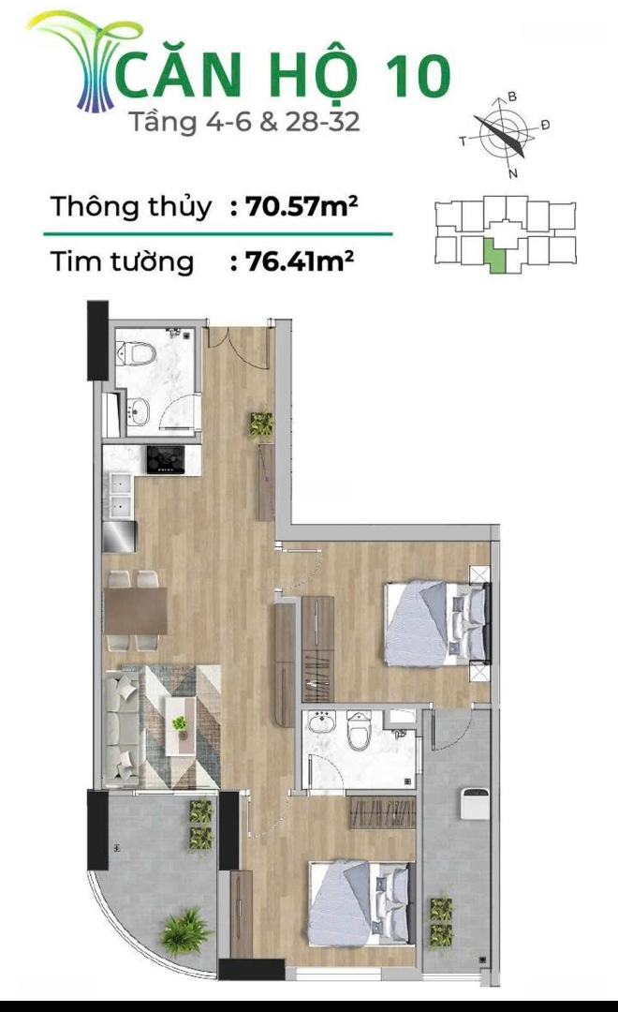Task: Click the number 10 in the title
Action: click(x=417, y=77)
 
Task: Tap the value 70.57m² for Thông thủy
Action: click(x=302, y=206)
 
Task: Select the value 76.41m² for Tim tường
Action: click(x=300, y=261)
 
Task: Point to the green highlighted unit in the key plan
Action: click(x=494, y=256)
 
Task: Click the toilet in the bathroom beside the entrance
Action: click(x=136, y=353)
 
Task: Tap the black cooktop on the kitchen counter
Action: click(x=165, y=459)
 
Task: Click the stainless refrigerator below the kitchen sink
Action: click(x=119, y=536)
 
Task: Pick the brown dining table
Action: click(x=136, y=611)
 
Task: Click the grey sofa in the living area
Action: click(x=122, y=728)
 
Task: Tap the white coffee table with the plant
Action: click(x=180, y=725)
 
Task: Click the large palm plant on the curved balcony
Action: click(x=185, y=931)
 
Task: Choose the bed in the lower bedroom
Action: click(x=360, y=902)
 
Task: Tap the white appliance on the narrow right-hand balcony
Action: click(x=474, y=803)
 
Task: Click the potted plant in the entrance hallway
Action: click(x=261, y=424)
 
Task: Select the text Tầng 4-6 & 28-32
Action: click(x=244, y=122)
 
